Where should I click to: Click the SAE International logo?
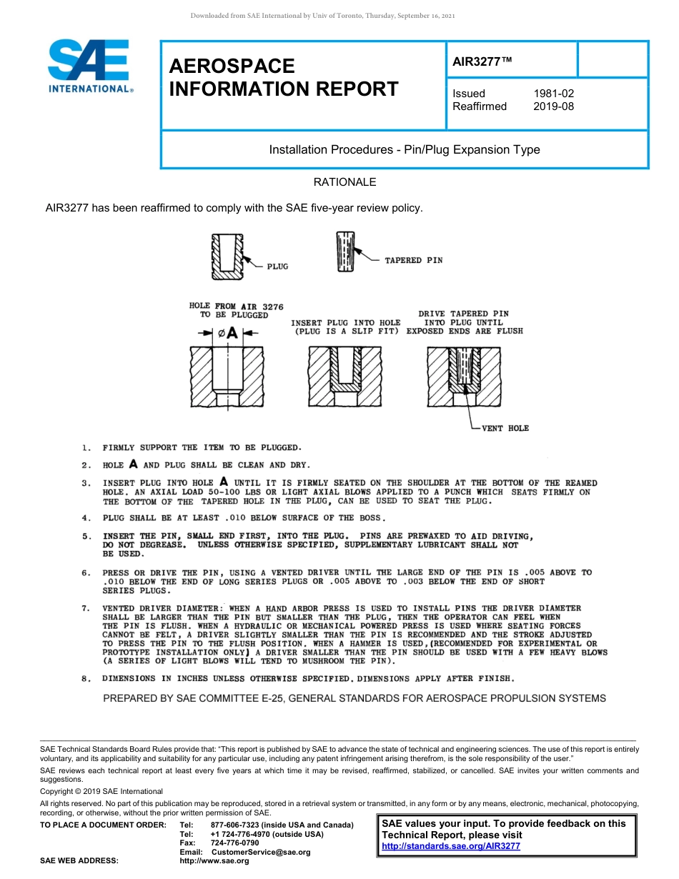(x=89, y=66)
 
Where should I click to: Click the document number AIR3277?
(x=482, y=61)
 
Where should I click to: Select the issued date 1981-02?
(x=553, y=94)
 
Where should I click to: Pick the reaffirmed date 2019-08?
(x=553, y=106)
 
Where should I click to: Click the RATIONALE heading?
(x=345, y=182)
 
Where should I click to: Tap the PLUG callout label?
(x=277, y=266)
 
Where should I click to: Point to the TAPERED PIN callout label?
(x=413, y=260)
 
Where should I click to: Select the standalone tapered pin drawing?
(x=345, y=252)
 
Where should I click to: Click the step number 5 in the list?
(x=86, y=537)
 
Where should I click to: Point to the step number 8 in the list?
(x=86, y=678)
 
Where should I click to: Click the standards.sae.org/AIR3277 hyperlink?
(x=451, y=846)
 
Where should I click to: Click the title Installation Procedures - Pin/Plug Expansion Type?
(x=404, y=150)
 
